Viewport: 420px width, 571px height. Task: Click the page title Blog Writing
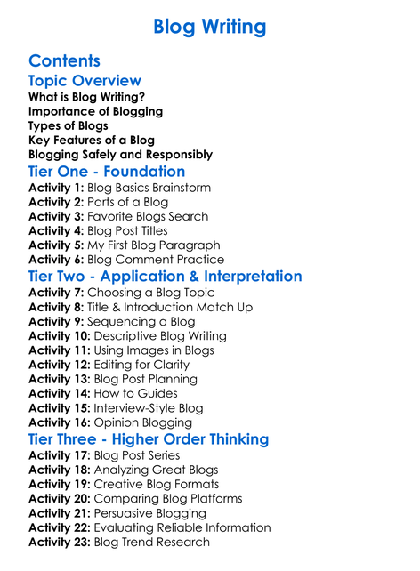click(x=209, y=27)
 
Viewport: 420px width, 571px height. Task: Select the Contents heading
click(x=64, y=60)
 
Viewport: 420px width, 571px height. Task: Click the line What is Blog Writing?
click(x=86, y=97)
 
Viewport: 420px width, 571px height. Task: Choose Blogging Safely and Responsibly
click(x=120, y=154)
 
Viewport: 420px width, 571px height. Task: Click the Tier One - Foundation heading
click(x=107, y=172)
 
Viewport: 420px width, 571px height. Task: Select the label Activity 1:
click(x=55, y=189)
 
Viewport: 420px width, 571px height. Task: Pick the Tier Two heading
click(x=165, y=276)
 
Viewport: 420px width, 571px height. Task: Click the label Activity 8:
click(x=55, y=308)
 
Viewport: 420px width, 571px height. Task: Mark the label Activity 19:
click(x=59, y=485)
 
